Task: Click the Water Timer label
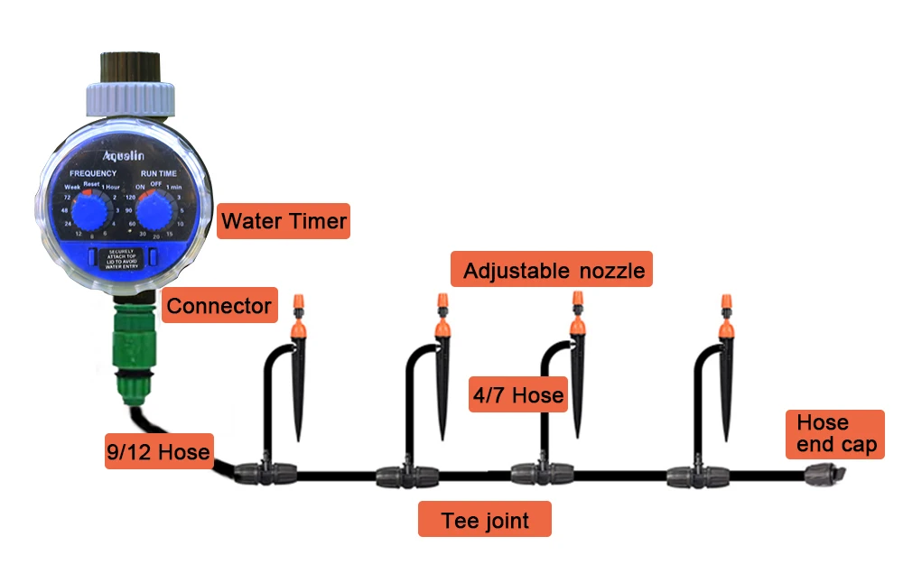click(283, 221)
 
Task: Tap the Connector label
click(219, 306)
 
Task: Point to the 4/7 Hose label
click(518, 395)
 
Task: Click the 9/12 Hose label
click(157, 451)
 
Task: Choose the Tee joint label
click(484, 520)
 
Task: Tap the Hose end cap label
click(835, 434)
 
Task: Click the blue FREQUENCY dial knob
click(88, 212)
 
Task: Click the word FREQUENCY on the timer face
click(90, 173)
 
